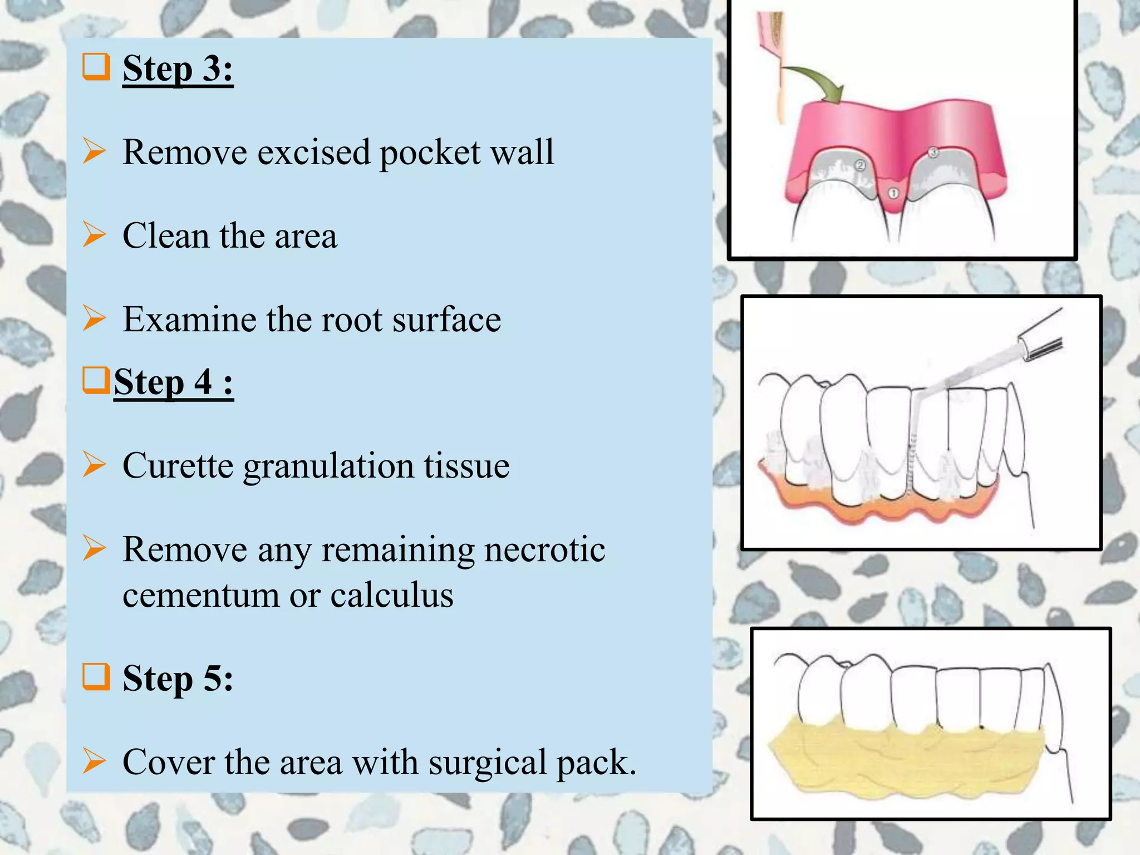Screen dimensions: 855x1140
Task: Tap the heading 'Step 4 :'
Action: (x=173, y=382)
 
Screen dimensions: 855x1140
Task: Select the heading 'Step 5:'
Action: (x=178, y=678)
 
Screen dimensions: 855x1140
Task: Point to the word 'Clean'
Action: (x=166, y=235)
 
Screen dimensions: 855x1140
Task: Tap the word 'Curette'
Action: (x=178, y=465)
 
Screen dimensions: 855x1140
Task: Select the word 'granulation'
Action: (x=328, y=466)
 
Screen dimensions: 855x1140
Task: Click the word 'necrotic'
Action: (x=544, y=550)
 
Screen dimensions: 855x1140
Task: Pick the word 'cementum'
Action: (x=200, y=595)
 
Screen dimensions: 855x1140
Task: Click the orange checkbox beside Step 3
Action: (x=96, y=67)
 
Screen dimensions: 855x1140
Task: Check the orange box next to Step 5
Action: (x=96, y=676)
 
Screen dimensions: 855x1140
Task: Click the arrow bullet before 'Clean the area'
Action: (x=94, y=234)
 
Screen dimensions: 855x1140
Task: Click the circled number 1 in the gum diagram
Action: (x=893, y=193)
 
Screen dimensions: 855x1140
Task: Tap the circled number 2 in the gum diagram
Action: (x=860, y=165)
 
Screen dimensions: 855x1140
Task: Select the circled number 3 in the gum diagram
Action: (x=933, y=151)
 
